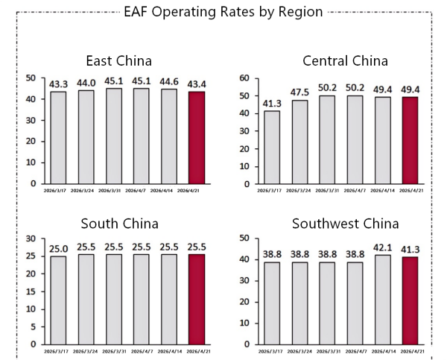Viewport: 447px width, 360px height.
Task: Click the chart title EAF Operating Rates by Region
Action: pyautogui.click(x=223, y=12)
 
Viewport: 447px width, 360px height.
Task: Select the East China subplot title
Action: pyautogui.click(x=119, y=60)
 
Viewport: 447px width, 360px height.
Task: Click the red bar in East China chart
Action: pyautogui.click(x=197, y=137)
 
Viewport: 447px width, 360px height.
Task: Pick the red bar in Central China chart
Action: pyautogui.click(x=410, y=139)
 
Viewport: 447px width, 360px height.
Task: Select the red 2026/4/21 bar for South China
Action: pyautogui.click(x=197, y=299)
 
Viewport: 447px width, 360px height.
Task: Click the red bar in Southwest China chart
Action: pyautogui.click(x=410, y=300)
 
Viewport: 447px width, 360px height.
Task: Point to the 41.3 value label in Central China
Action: pyautogui.click(x=271, y=103)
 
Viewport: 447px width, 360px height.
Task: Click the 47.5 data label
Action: pyautogui.click(x=299, y=92)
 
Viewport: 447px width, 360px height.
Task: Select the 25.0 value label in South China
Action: pyautogui.click(x=58, y=248)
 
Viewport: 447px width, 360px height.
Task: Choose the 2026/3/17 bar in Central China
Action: pyautogui.click(x=271, y=146)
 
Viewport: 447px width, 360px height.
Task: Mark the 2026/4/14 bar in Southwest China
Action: pyautogui.click(x=382, y=300)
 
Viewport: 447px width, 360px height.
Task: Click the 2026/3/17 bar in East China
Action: pyautogui.click(x=58, y=137)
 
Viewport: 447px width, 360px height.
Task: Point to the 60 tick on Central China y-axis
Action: pyautogui.click(x=242, y=78)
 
